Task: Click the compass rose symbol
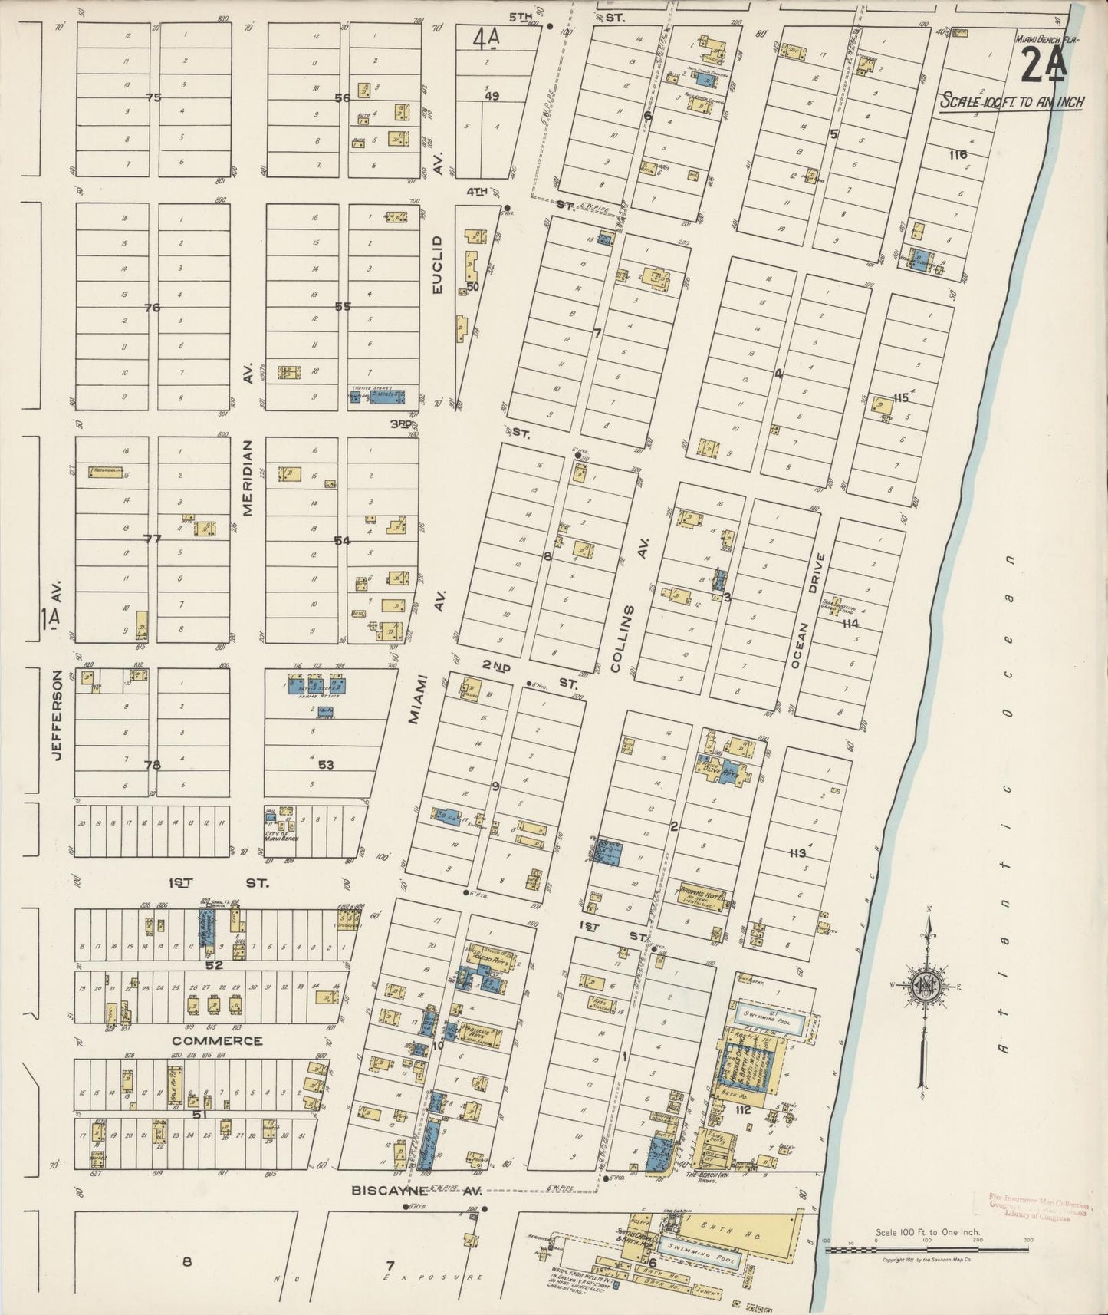(x=926, y=987)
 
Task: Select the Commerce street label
(x=216, y=1041)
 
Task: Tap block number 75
(x=154, y=97)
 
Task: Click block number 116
(x=957, y=154)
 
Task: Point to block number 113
(x=797, y=852)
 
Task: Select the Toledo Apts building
(x=491, y=958)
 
